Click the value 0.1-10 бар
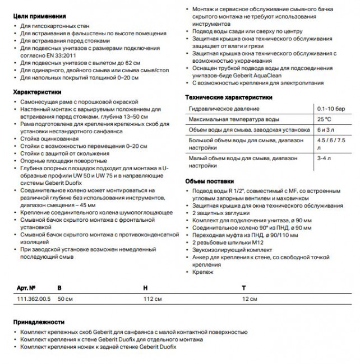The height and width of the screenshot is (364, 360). tap(330, 108)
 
